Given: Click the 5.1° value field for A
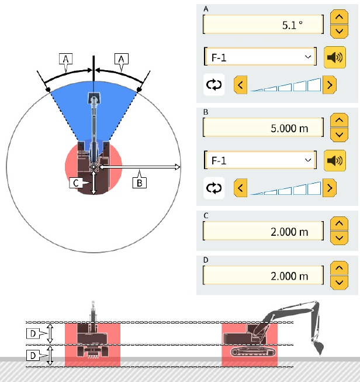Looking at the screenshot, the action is coord(263,25).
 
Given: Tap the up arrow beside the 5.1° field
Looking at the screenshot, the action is coord(339,17).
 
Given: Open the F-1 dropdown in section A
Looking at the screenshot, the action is coord(260,57).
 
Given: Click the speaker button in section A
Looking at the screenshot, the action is coord(335,57).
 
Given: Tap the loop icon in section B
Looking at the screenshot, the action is coord(214,188).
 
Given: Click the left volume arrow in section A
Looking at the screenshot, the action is coord(240,85).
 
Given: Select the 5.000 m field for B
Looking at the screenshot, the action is coord(263,128).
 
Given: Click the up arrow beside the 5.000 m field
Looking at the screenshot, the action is coord(339,120).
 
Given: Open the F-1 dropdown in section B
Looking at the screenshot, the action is coord(260,160).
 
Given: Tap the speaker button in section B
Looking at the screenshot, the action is coord(335,160).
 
